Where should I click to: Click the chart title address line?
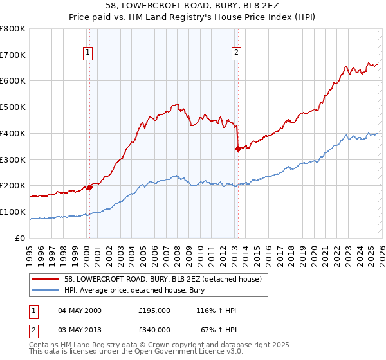point(193,6)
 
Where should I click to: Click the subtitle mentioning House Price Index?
point(193,17)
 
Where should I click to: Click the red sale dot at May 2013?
point(238,148)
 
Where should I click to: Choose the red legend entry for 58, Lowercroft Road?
point(154,279)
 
